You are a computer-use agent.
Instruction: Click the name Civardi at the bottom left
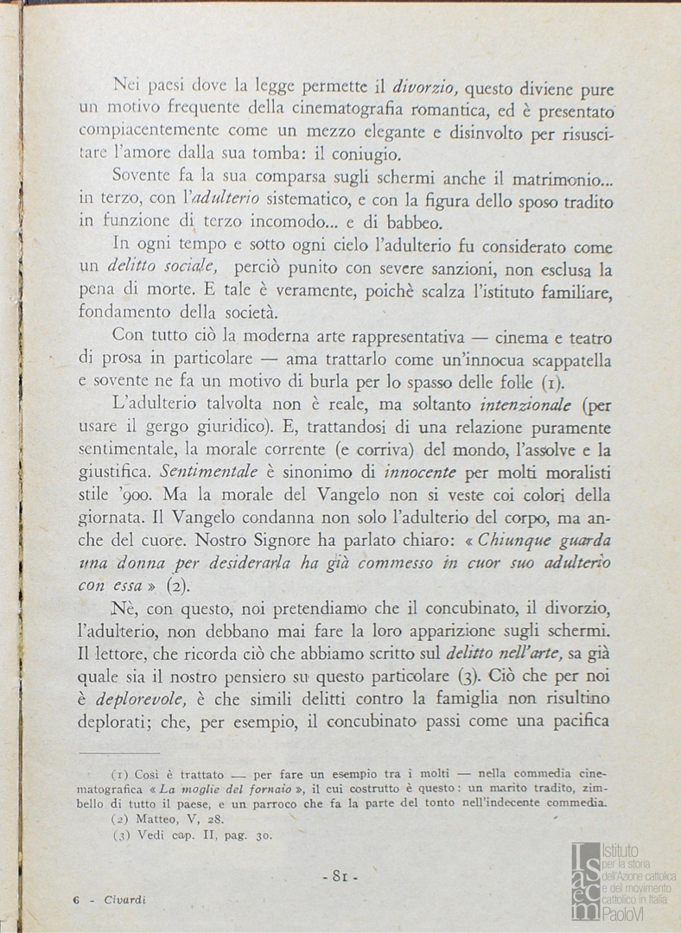124,900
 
